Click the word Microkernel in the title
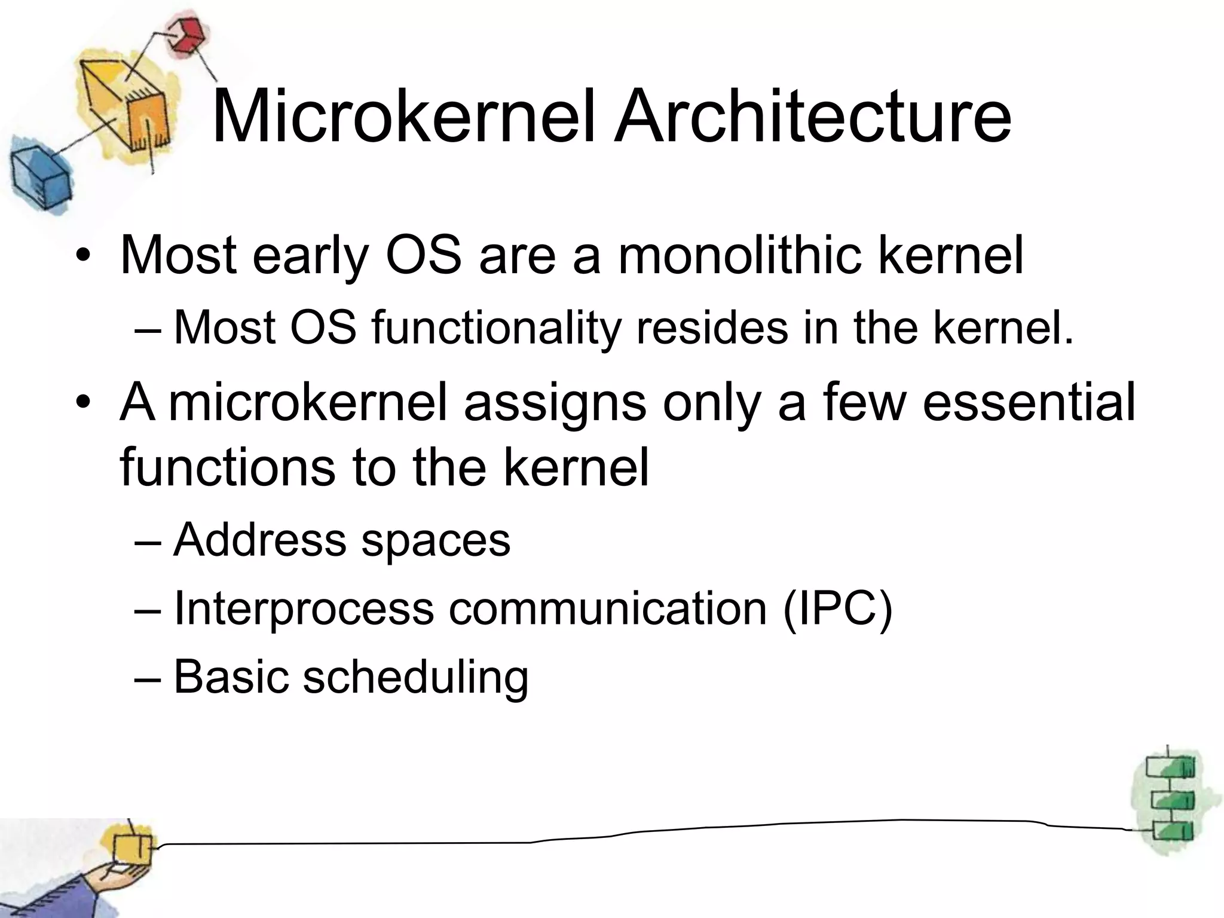[404, 116]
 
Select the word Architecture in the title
[813, 116]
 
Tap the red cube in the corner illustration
[185, 35]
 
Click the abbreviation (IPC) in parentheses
[837, 608]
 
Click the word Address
[259, 539]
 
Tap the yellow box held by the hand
[133, 849]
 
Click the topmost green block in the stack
[1170, 767]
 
